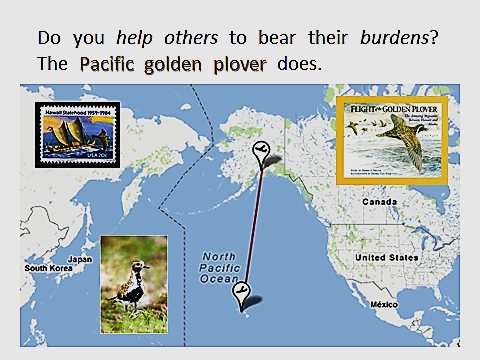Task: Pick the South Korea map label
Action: point(50,268)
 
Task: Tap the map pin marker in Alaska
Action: point(261,152)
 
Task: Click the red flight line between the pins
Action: point(252,230)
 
